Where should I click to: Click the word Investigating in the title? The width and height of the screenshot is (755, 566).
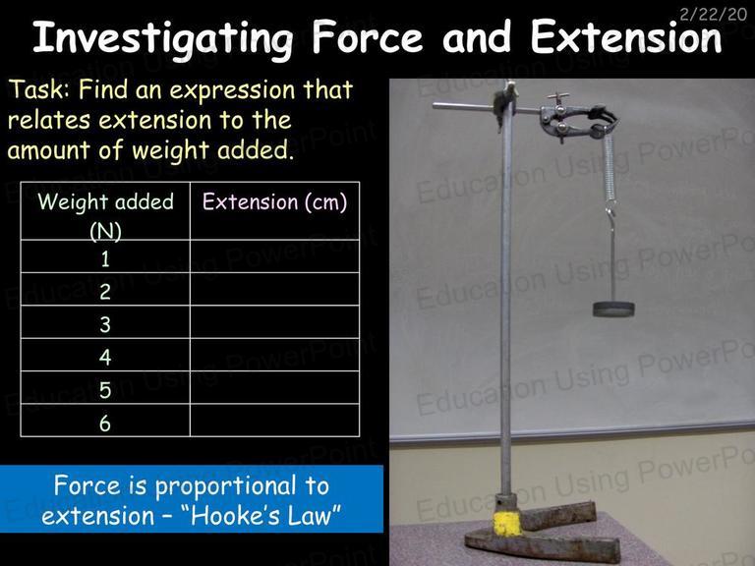coord(163,38)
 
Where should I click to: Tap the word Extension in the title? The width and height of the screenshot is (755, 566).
coord(626,37)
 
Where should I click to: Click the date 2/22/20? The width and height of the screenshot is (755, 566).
coord(713,14)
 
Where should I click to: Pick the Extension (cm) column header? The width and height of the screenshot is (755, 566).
coord(274,201)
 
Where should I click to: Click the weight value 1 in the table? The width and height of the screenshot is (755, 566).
coord(105,259)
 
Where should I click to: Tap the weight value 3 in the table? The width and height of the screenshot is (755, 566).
coord(105,324)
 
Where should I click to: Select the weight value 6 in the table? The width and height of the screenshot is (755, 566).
coord(105,424)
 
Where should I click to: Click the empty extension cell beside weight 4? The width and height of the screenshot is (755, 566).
coord(275,355)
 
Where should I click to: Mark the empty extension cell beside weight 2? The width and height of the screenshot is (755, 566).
coord(275,289)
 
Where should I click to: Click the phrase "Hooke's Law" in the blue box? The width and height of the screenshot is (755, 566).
coord(265,515)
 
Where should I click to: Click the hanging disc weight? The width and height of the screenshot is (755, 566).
coord(613,309)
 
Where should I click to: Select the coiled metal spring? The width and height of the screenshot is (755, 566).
coord(610,167)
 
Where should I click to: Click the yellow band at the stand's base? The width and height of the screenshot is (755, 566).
coord(507,524)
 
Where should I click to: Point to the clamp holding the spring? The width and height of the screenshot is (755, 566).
coord(578,119)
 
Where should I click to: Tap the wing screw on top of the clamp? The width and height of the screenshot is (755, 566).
coord(558,97)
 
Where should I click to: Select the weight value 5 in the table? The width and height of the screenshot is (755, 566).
coord(105,390)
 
